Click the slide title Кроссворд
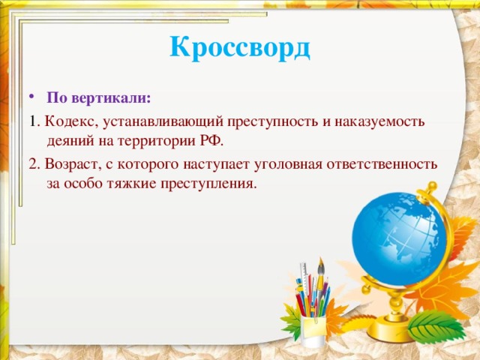(239, 48)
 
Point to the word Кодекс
(67, 121)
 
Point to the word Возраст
(70, 163)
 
